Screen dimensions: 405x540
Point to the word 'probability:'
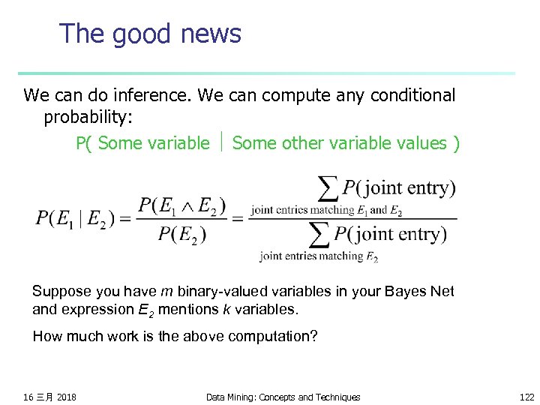tap(87, 117)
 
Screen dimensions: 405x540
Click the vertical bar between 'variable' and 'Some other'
tap(222, 142)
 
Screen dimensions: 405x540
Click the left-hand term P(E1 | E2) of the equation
tap(73, 219)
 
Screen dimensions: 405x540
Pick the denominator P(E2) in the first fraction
tap(181, 235)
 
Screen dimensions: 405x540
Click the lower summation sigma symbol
tap(320, 235)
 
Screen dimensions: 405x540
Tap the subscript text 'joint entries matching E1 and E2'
tap(326, 211)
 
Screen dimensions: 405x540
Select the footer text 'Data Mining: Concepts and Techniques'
tap(283, 397)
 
